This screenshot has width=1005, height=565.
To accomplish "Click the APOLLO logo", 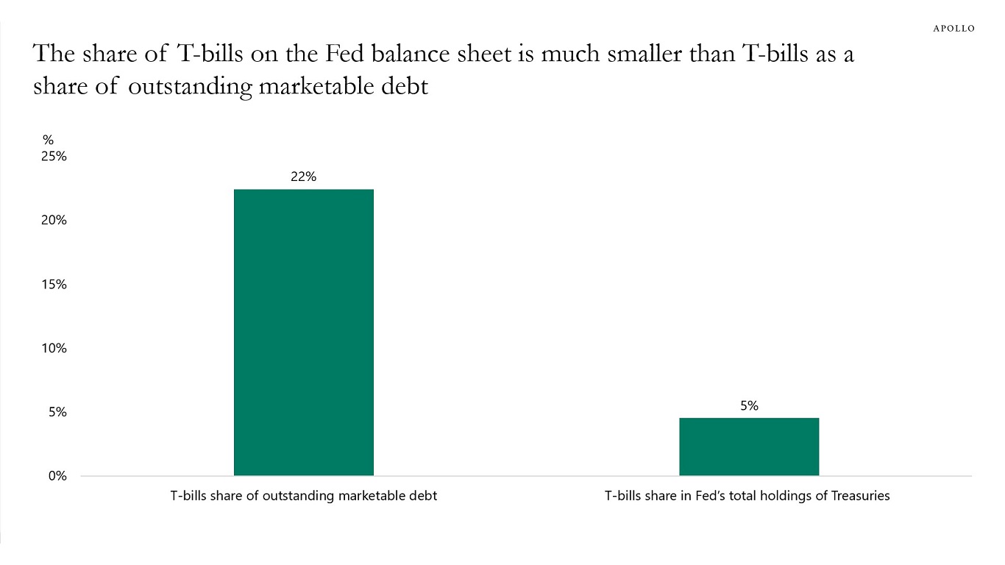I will [953, 29].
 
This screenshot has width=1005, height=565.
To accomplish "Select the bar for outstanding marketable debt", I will [303, 332].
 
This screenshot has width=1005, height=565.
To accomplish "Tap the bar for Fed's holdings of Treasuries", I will [748, 447].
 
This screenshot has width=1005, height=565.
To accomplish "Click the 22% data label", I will [303, 177].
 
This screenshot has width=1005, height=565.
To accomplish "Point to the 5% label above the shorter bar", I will [749, 405].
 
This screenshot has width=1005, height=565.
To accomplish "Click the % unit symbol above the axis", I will [48, 140].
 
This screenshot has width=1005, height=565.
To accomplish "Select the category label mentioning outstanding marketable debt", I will [303, 496].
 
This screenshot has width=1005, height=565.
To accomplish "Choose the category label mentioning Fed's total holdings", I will [747, 496].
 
